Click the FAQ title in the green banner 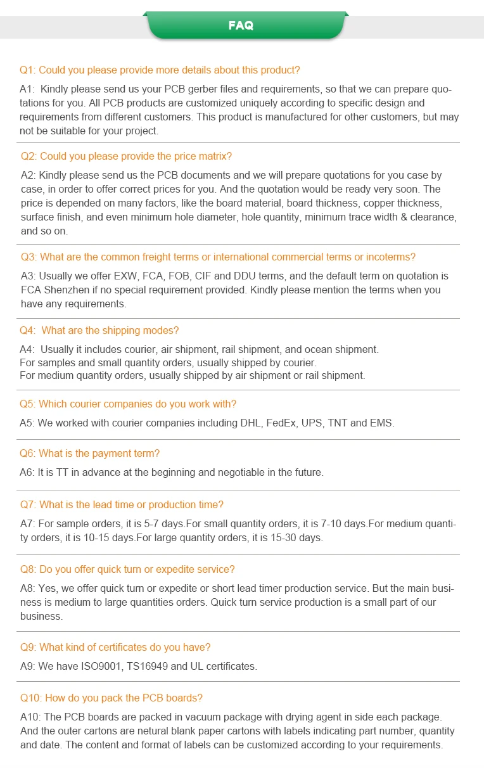[241, 25]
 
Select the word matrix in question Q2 [216, 156]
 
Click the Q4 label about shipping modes [28, 330]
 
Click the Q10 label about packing [30, 698]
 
